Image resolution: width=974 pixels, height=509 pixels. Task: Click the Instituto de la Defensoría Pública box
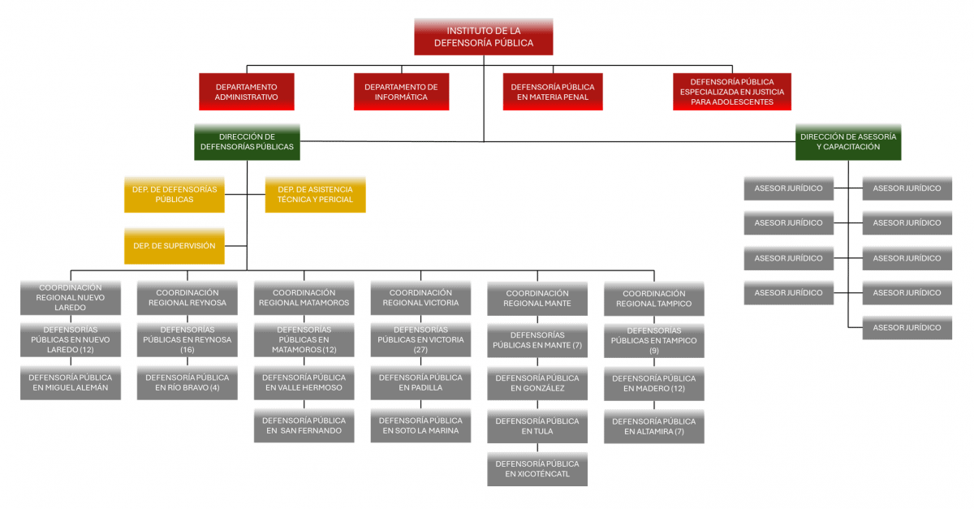(484, 37)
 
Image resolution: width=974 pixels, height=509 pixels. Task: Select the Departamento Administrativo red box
(246, 92)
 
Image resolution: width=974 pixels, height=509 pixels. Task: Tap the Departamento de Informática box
(401, 92)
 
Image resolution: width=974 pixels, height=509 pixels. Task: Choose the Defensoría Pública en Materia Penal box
(552, 92)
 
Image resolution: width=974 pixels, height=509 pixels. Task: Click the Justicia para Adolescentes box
(731, 92)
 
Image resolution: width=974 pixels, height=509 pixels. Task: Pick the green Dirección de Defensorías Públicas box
(247, 141)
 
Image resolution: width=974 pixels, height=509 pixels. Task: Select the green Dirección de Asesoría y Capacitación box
(848, 142)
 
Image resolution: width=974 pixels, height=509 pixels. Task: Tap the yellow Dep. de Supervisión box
(174, 245)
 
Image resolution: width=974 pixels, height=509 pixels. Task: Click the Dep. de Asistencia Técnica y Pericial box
(315, 195)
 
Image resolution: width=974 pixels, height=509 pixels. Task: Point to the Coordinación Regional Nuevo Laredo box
(70, 298)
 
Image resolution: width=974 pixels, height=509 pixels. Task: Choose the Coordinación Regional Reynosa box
(187, 298)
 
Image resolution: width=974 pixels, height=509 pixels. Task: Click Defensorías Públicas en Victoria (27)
(420, 340)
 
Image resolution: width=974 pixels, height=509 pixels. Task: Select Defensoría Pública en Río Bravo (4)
(187, 382)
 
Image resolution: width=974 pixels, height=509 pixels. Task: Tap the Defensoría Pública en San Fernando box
(304, 425)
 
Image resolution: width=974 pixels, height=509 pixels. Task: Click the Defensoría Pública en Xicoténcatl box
(537, 468)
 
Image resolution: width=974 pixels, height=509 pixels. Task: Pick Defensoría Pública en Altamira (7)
(653, 426)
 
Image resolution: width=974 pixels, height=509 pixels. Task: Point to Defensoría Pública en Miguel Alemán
(70, 382)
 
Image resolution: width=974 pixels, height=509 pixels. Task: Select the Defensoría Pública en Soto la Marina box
(420, 425)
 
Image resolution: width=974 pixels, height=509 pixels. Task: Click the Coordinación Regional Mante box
(537, 299)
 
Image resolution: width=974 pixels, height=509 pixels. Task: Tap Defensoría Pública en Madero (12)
(653, 383)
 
